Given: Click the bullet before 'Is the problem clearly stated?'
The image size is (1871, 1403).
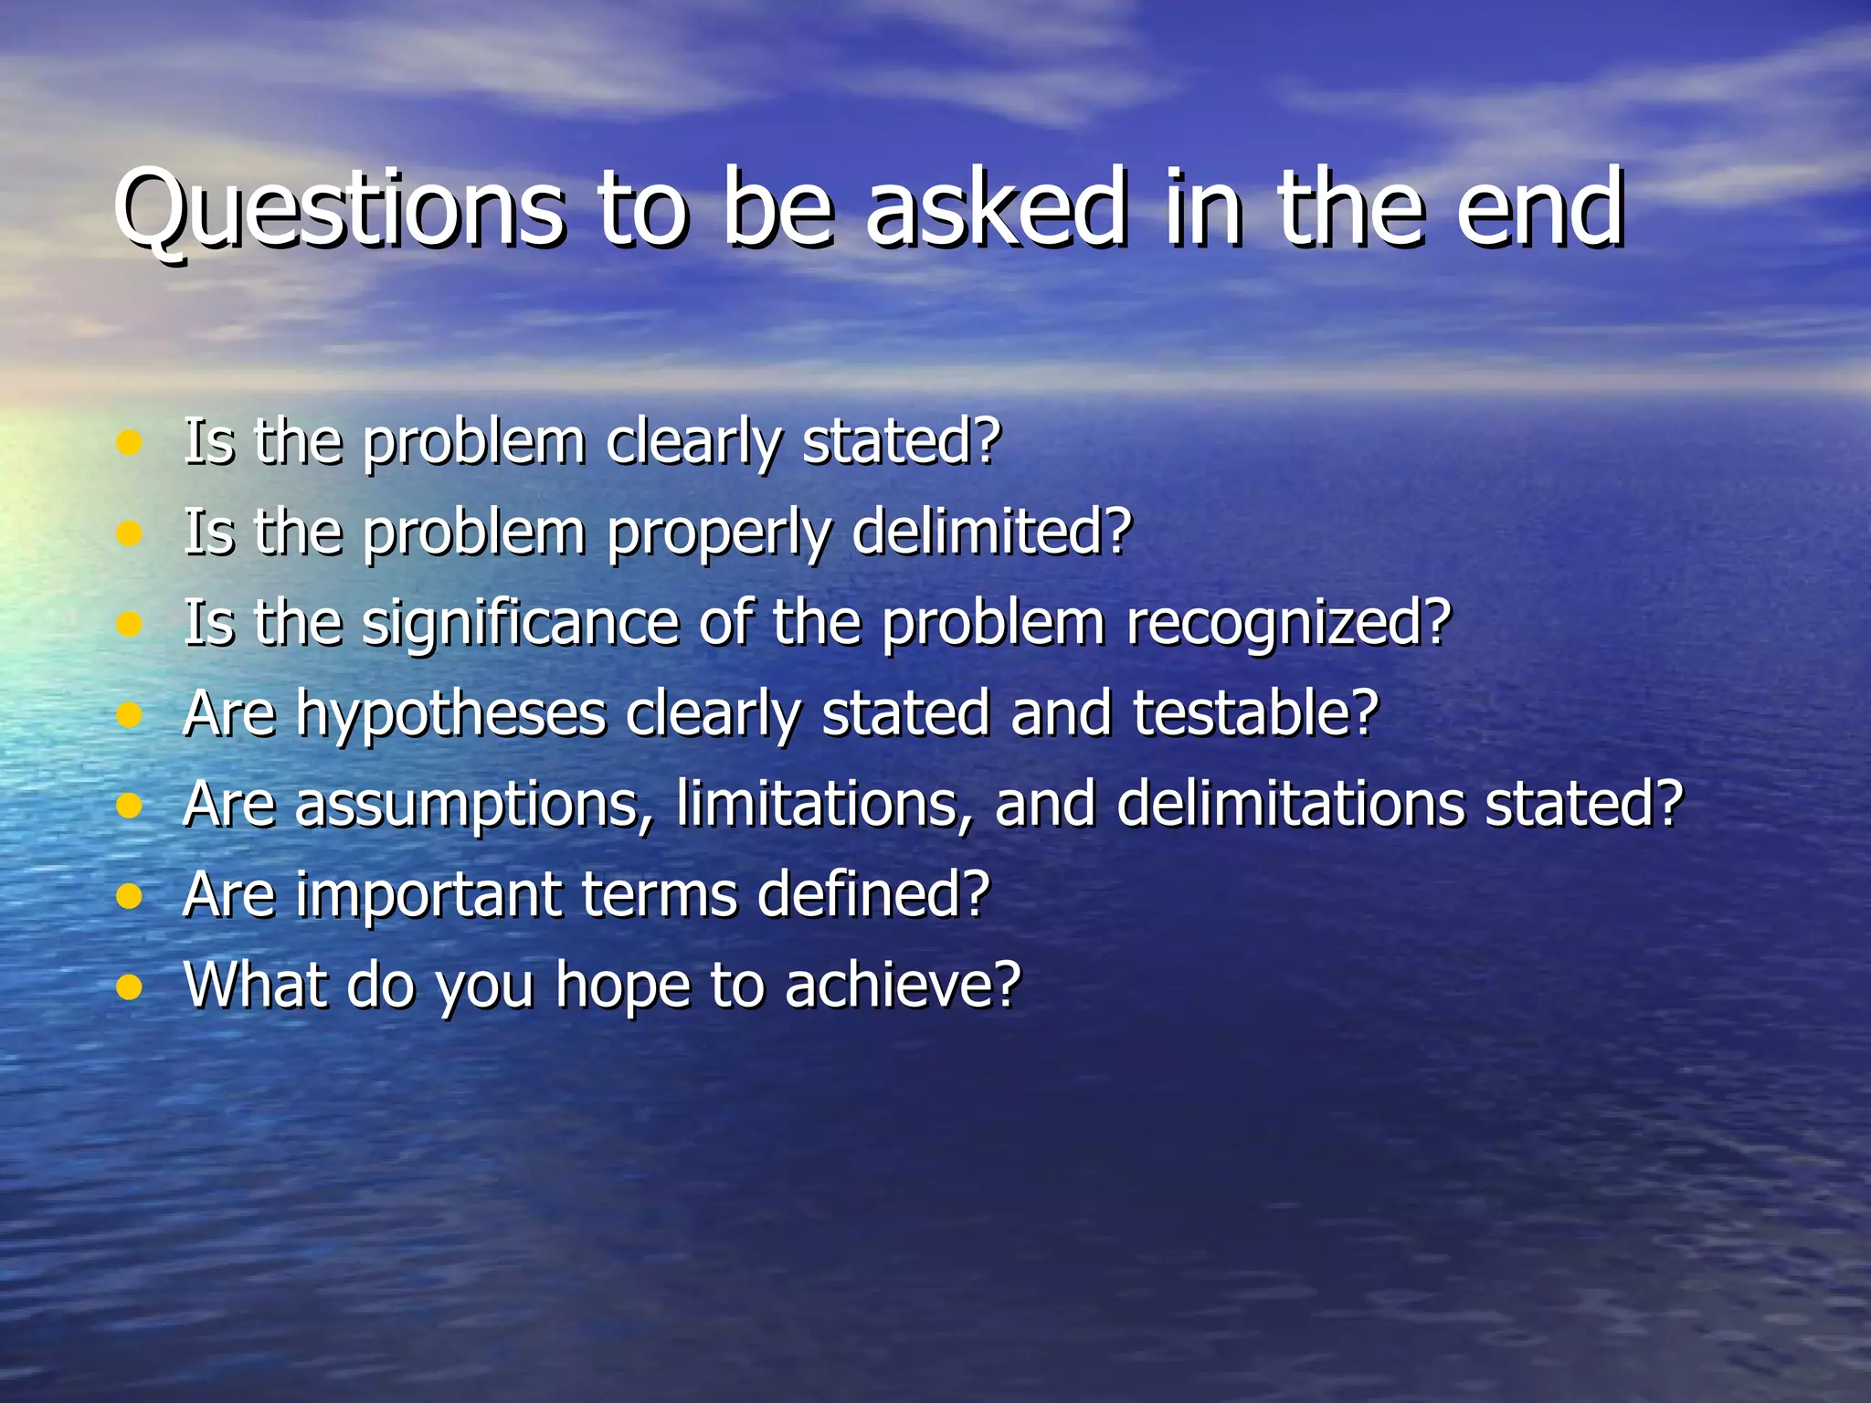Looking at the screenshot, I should click(x=130, y=443).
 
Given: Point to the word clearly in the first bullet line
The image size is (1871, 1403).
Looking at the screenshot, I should click(x=693, y=443).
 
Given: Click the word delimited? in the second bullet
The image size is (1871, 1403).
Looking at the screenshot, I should click(x=992, y=533).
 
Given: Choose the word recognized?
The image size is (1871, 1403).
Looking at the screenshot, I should click(x=1288, y=625).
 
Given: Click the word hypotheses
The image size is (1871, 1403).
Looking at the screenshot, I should click(x=451, y=715).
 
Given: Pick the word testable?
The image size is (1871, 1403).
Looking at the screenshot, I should click(x=1255, y=713).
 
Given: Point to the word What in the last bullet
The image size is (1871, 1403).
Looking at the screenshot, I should click(x=255, y=986).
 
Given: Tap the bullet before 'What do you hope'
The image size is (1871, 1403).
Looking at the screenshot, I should click(x=130, y=987).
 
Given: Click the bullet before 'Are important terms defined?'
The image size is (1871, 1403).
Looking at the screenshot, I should click(x=130, y=896).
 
